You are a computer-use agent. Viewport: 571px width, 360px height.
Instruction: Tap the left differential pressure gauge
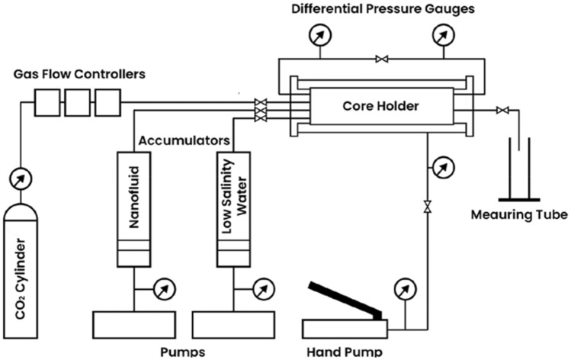coord(316,35)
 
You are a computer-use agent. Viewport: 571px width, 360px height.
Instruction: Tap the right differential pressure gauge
coord(441,35)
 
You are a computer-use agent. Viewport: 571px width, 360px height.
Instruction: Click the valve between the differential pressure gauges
coord(378,58)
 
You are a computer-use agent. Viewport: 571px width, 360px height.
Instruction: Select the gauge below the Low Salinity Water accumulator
coord(260,289)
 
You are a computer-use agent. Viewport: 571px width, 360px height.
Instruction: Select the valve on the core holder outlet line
coord(501,111)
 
